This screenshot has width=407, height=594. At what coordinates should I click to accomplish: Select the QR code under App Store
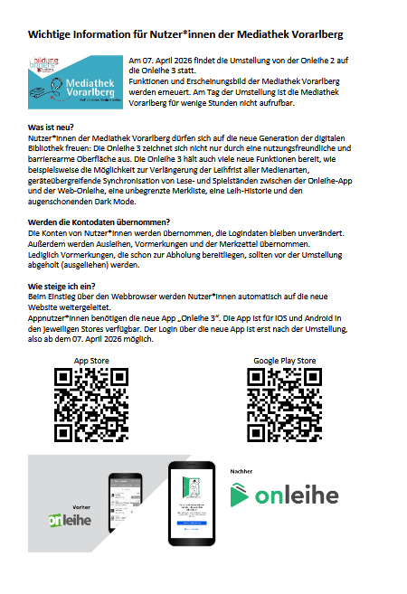[91, 402]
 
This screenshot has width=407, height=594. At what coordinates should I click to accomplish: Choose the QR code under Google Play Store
[284, 402]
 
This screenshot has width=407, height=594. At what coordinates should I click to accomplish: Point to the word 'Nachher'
[241, 471]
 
